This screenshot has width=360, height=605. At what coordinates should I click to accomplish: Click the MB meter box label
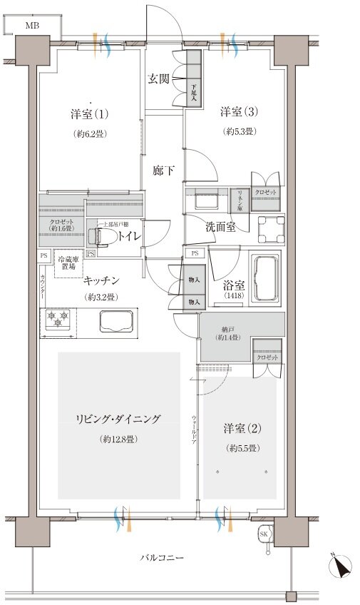pos(33,26)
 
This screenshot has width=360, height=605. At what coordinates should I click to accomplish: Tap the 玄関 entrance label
pos(158,79)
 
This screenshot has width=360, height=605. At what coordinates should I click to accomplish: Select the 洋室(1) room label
pos(88,115)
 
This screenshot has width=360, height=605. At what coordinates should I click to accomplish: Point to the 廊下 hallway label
pos(164,171)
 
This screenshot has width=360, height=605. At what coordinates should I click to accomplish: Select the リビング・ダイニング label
pos(119,420)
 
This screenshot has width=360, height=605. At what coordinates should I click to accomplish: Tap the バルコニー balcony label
pos(162,556)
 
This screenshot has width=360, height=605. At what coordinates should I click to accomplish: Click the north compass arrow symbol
pos(341,567)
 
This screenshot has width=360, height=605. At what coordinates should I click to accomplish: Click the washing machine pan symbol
pos(271,226)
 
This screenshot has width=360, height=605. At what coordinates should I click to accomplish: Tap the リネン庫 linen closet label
pos(240,199)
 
